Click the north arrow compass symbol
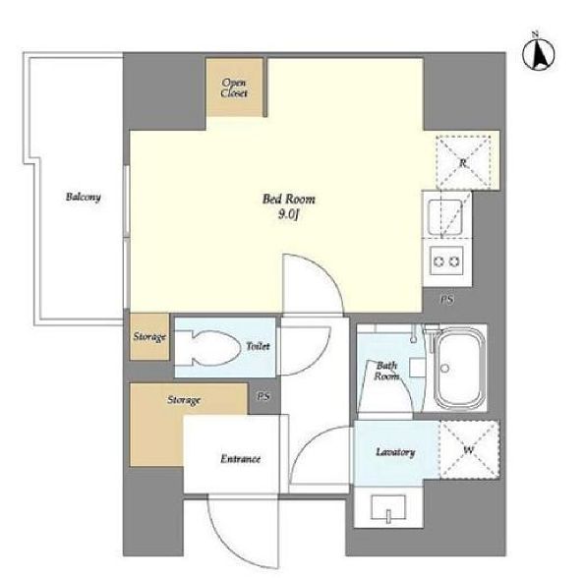pos(538,54)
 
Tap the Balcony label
pos(84,197)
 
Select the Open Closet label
pos(234,88)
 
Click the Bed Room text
pos(288,200)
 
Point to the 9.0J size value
pos(289,215)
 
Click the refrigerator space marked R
pos(463,162)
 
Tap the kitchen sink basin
pos(445,217)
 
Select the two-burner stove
pos(446,261)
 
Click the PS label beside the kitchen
pos(447,299)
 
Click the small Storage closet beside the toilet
pos(149,337)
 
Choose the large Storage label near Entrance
pos(184,400)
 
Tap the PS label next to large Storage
pos(263,396)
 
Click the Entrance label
pos(240,458)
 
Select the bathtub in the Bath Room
pos(459,369)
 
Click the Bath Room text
pos(386,371)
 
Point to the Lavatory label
pos(395,452)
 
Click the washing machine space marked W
pos(469,449)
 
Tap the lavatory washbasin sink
pos(388,508)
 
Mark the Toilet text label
pos(258,346)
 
